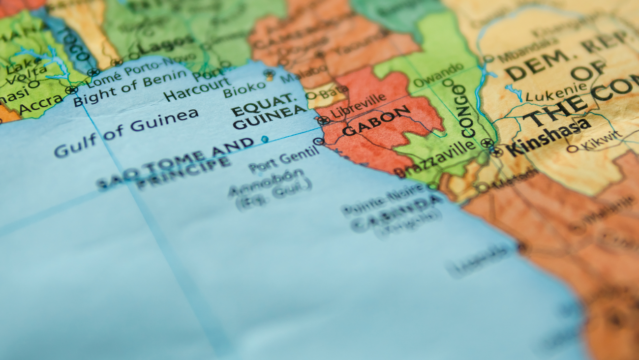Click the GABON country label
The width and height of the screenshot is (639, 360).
click(x=376, y=121)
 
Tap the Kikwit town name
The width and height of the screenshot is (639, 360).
click(x=601, y=140)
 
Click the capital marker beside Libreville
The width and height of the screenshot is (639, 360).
click(x=323, y=120)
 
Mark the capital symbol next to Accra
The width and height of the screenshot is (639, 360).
click(x=71, y=90)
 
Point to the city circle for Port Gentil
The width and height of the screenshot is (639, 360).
click(x=318, y=142)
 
